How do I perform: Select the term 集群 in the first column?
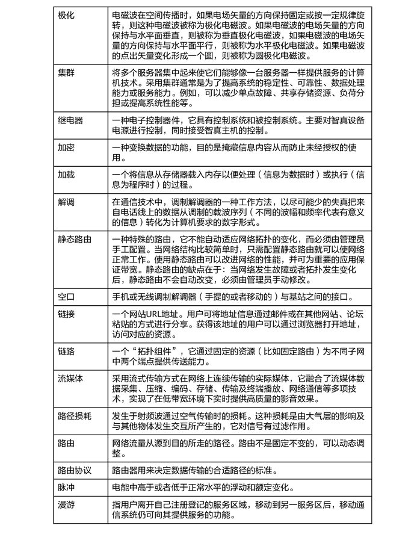(x=66, y=73)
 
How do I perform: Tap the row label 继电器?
(x=70, y=120)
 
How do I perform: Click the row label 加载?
(x=66, y=175)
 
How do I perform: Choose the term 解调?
(x=66, y=202)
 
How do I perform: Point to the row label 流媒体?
(x=70, y=379)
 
